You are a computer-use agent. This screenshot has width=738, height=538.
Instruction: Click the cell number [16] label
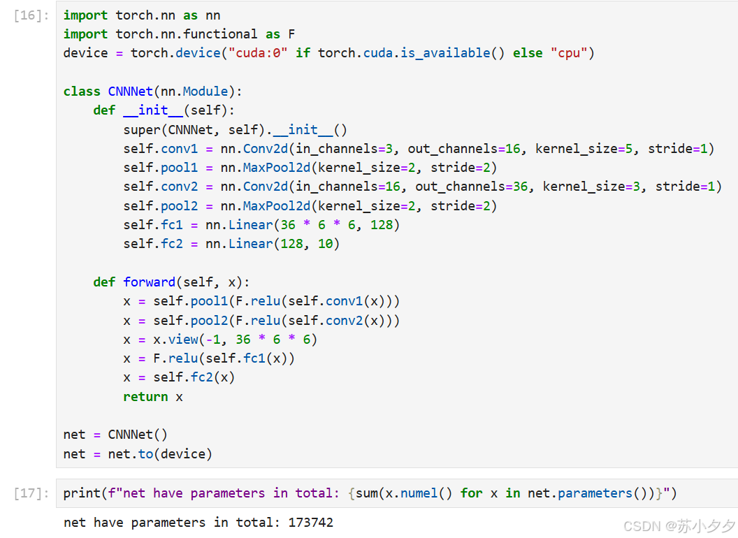click(x=28, y=15)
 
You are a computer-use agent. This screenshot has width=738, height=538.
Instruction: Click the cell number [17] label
click(x=28, y=493)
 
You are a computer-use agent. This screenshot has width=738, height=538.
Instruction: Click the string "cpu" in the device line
click(x=568, y=53)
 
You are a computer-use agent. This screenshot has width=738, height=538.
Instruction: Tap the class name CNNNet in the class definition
click(x=131, y=92)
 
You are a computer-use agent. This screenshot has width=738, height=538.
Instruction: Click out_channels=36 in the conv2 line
click(x=475, y=187)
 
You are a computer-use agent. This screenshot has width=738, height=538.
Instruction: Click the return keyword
click(x=145, y=397)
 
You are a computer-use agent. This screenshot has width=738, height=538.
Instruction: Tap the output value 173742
click(x=310, y=523)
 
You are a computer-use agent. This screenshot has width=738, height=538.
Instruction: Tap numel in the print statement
click(x=419, y=493)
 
